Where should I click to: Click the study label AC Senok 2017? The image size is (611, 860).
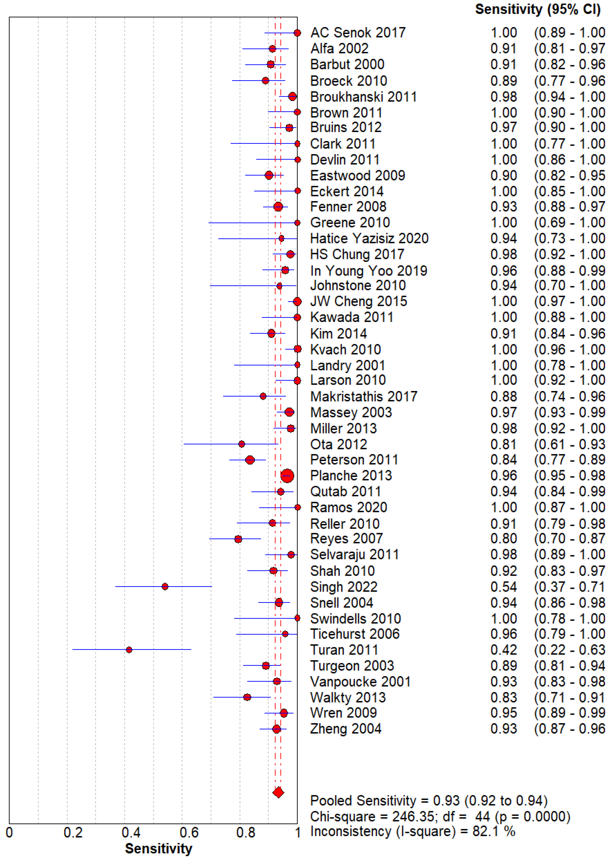point(358,33)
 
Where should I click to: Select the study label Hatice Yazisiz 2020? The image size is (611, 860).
point(369,238)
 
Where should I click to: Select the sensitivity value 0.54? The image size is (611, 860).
point(503,587)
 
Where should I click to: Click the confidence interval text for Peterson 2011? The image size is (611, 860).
point(569,460)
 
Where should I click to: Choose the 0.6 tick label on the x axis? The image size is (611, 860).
point(189,832)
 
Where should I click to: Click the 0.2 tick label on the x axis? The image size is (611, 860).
point(73,832)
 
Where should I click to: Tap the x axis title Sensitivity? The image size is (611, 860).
point(158,849)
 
